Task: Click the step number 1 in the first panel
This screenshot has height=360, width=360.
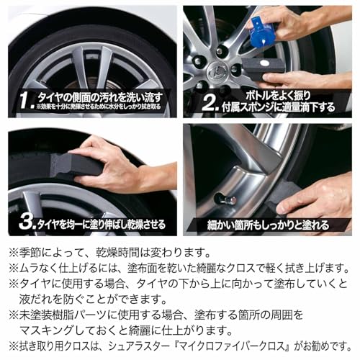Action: pyautogui.click(x=25, y=98)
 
